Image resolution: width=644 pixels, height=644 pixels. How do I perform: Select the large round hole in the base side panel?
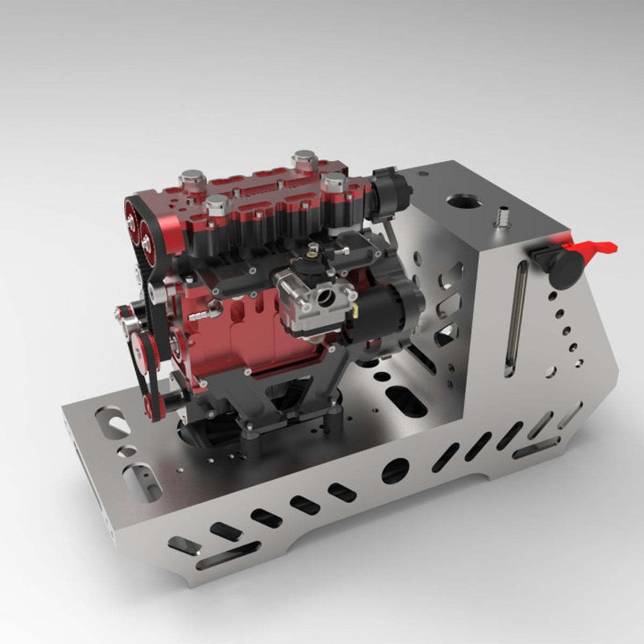coord(395,471)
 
